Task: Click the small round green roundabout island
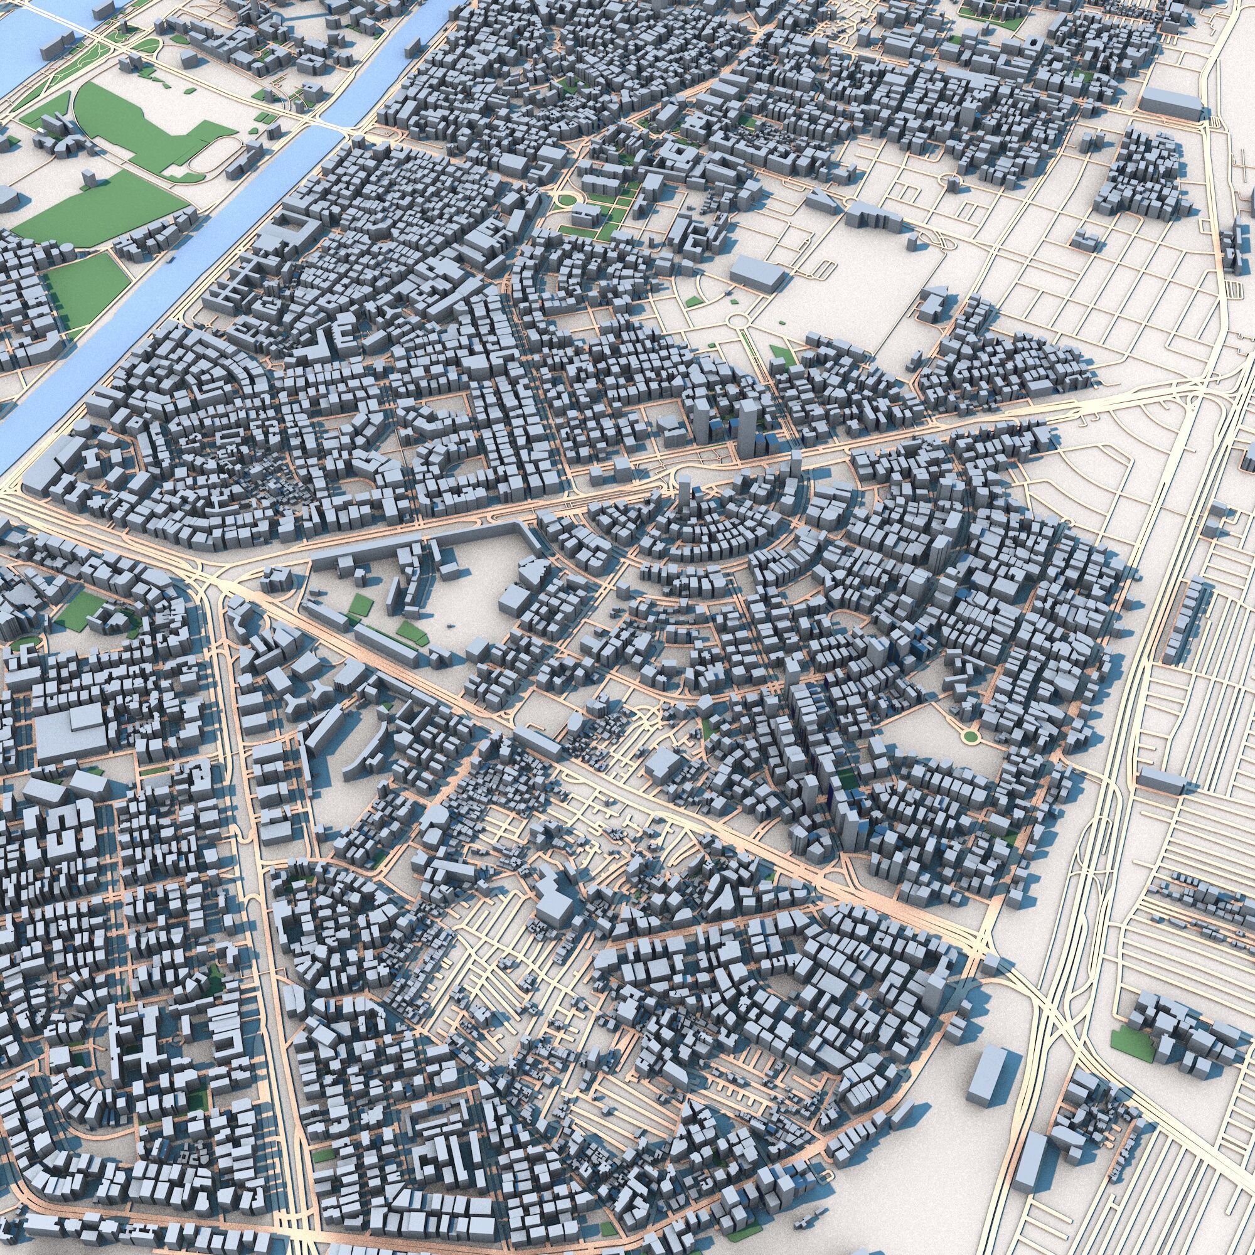click(x=970, y=735)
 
